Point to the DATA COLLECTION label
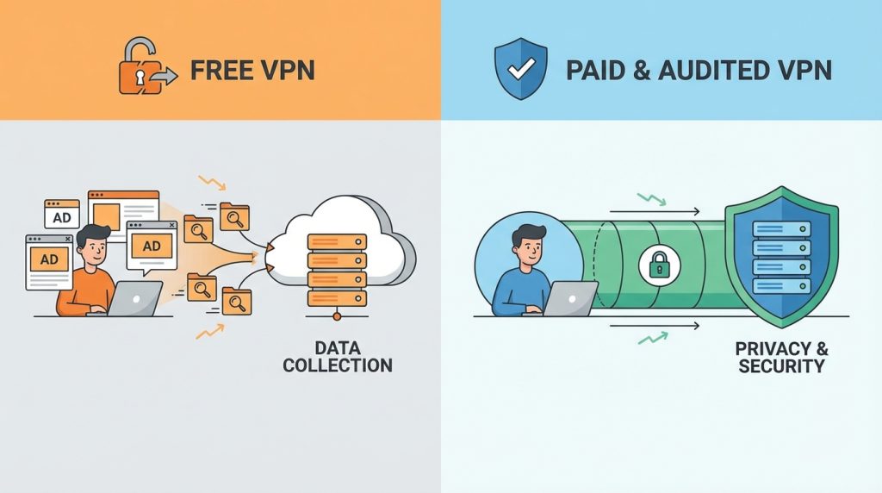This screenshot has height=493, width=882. pyautogui.click(x=337, y=356)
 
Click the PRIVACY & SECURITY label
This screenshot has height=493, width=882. pyautogui.click(x=781, y=356)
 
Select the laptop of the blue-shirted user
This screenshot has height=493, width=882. pyautogui.click(x=568, y=297)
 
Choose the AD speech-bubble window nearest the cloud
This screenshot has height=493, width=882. pyautogui.click(x=152, y=246)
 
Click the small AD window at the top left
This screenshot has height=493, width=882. pyautogui.click(x=62, y=215)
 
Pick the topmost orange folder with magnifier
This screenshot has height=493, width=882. pyautogui.click(x=234, y=215)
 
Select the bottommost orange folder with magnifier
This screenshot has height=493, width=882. pyautogui.click(x=236, y=299)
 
